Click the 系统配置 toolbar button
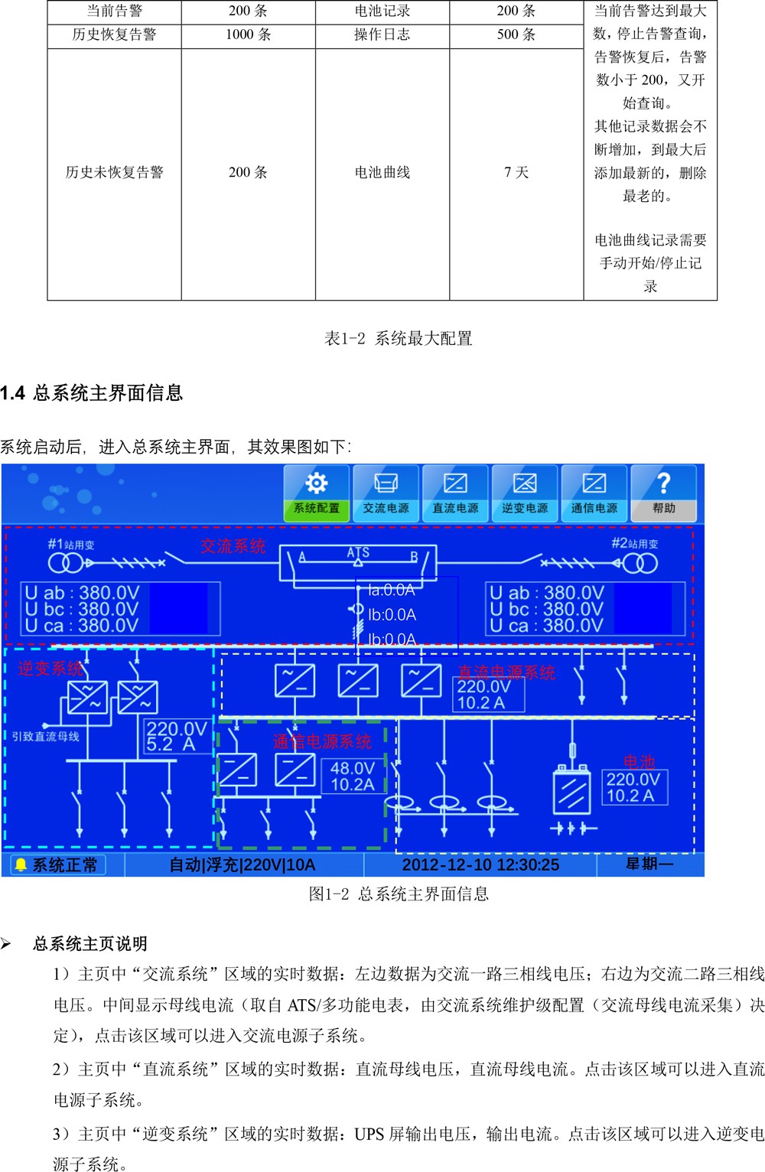[x=317, y=493]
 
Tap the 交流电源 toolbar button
[x=386, y=493]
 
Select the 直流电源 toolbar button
[x=455, y=493]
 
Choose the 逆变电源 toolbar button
[x=525, y=493]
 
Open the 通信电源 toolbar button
[x=594, y=493]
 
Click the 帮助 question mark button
[x=663, y=493]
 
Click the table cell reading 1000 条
[x=249, y=35]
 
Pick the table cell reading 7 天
[x=516, y=172]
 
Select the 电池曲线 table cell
[x=382, y=172]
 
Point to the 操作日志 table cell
[x=382, y=35]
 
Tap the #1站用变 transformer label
[x=71, y=545]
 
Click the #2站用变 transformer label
[x=635, y=544]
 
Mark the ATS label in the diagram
[x=358, y=552]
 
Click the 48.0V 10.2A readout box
[x=353, y=776]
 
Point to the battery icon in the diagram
[x=572, y=789]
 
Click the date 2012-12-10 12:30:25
[x=480, y=865]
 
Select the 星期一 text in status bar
[x=649, y=864]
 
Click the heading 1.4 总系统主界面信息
[x=92, y=393]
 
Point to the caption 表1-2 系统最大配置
[x=399, y=339]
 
